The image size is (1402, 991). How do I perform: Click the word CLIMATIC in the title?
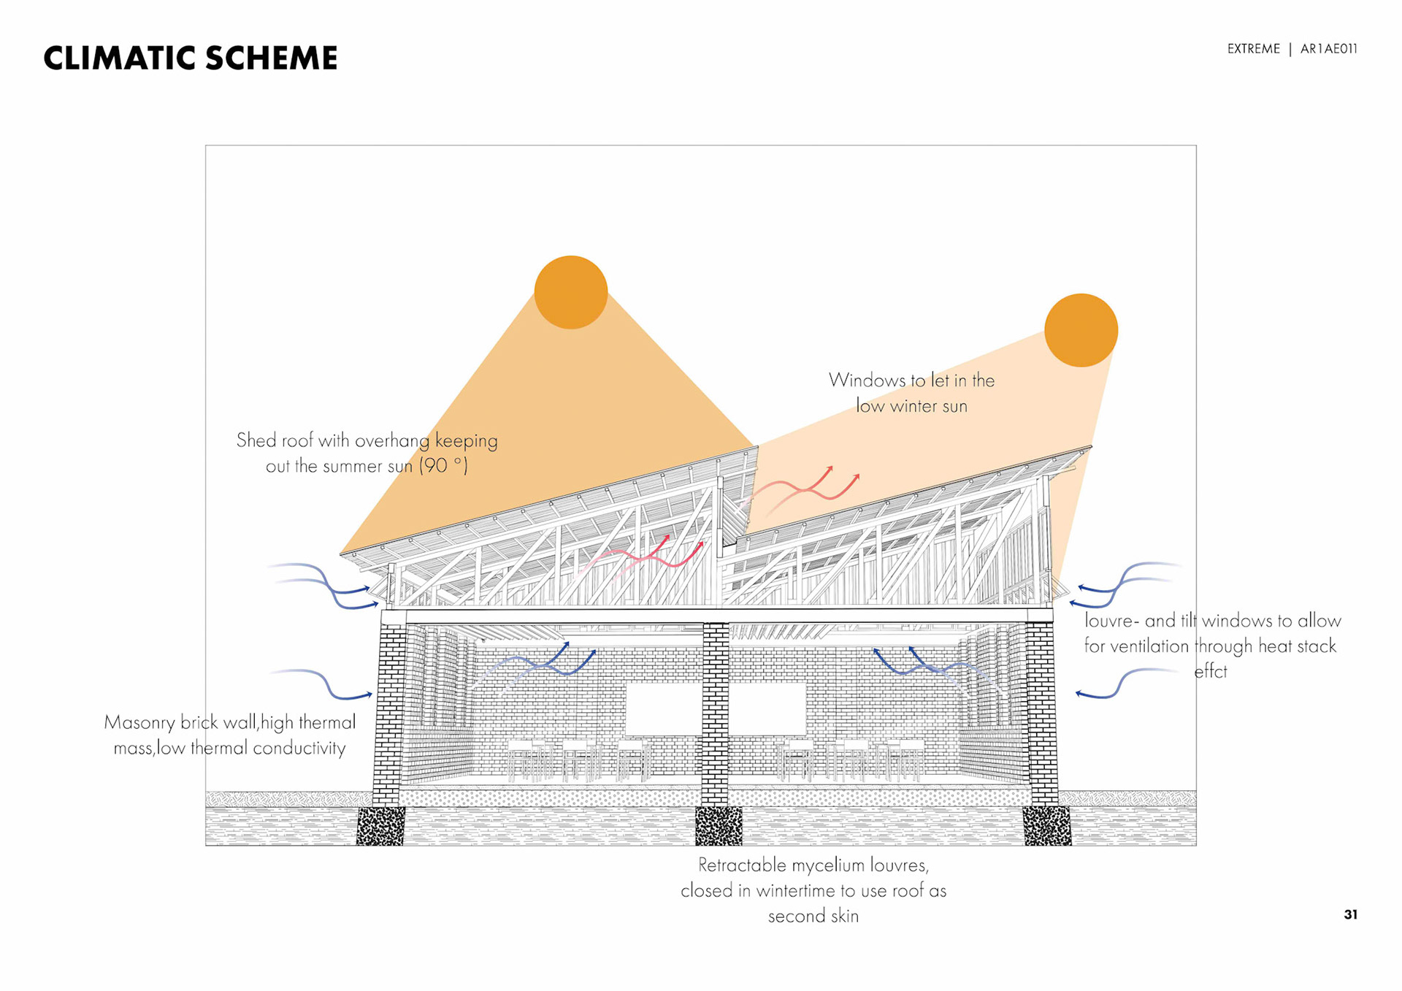tap(118, 58)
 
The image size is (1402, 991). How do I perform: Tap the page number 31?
tap(1350, 914)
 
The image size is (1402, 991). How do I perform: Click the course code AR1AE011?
tap(1328, 49)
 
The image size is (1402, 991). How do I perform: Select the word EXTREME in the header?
tap(1253, 49)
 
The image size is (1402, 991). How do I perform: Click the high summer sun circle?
tap(571, 292)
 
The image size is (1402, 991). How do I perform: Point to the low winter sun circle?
tap(1081, 330)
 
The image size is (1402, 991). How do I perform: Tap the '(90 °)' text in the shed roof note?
tap(443, 466)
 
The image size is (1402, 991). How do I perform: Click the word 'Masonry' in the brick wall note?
tap(139, 723)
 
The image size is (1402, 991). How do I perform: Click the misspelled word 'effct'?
tap(1210, 672)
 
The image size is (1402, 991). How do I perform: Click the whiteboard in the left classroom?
tap(663, 709)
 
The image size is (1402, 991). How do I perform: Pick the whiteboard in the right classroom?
tap(767, 709)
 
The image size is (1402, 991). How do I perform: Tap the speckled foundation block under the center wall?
tap(719, 826)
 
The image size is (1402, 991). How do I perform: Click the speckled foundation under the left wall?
tap(380, 826)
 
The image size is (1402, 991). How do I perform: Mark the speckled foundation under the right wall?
tap(1047, 826)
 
